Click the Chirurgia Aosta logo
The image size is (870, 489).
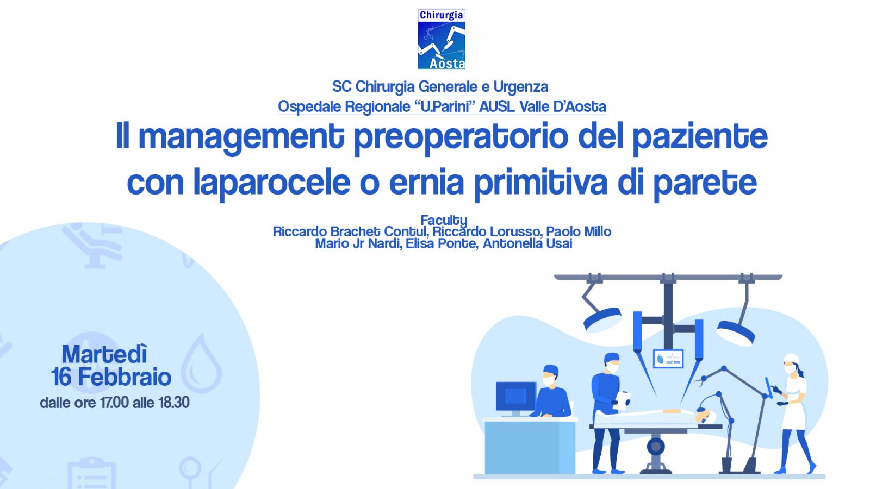(441, 39)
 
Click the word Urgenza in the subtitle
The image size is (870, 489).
(521, 86)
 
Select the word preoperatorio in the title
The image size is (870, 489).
(461, 136)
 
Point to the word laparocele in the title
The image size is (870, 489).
(272, 183)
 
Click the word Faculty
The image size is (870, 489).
(444, 220)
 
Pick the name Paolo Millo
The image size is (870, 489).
(579, 231)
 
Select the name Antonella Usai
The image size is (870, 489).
(527, 244)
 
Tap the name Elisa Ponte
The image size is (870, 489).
(442, 244)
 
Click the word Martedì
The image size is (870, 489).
(104, 354)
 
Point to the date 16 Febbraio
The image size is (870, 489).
(111, 377)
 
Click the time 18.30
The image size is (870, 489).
(173, 403)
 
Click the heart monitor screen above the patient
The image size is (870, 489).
(668, 359)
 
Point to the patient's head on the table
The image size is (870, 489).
(705, 417)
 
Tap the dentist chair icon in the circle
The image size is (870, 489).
(92, 247)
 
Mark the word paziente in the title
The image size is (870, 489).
(700, 136)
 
